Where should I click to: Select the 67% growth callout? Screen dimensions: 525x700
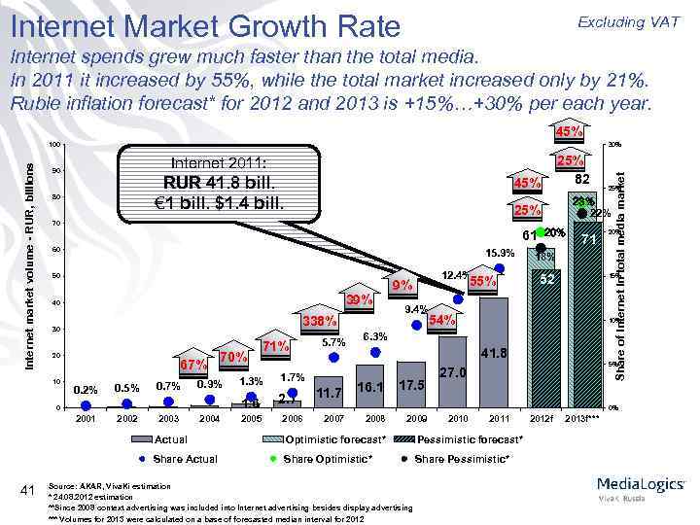(x=194, y=365)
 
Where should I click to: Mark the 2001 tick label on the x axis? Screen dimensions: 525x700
(x=86, y=419)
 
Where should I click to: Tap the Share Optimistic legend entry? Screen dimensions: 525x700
(x=321, y=458)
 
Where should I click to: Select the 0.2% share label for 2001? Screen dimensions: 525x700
(x=86, y=390)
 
